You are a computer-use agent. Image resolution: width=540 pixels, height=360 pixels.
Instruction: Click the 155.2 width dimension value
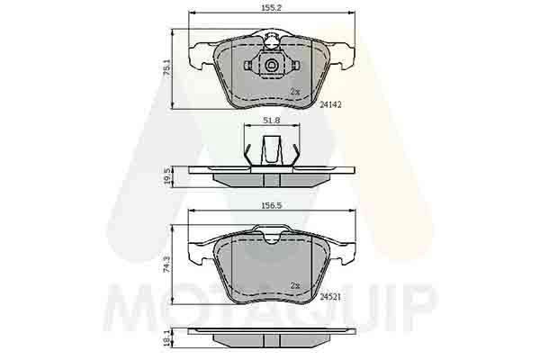coord(272,7)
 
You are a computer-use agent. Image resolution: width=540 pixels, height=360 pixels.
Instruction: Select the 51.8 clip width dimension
coord(272,121)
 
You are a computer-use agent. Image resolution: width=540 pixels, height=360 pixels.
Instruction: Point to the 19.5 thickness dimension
coord(167,176)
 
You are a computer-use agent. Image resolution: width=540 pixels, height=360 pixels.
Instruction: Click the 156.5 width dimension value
coord(272,206)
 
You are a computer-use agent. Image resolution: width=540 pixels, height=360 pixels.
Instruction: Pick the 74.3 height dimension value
coord(167,265)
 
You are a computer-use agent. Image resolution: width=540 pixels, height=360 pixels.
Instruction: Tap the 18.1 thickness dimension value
coord(167,337)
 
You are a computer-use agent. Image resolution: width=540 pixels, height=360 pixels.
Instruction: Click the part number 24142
coord(330,104)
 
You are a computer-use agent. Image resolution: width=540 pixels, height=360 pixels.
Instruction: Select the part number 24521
coord(330,297)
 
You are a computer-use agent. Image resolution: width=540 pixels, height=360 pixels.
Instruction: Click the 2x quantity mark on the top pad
coord(295,92)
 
